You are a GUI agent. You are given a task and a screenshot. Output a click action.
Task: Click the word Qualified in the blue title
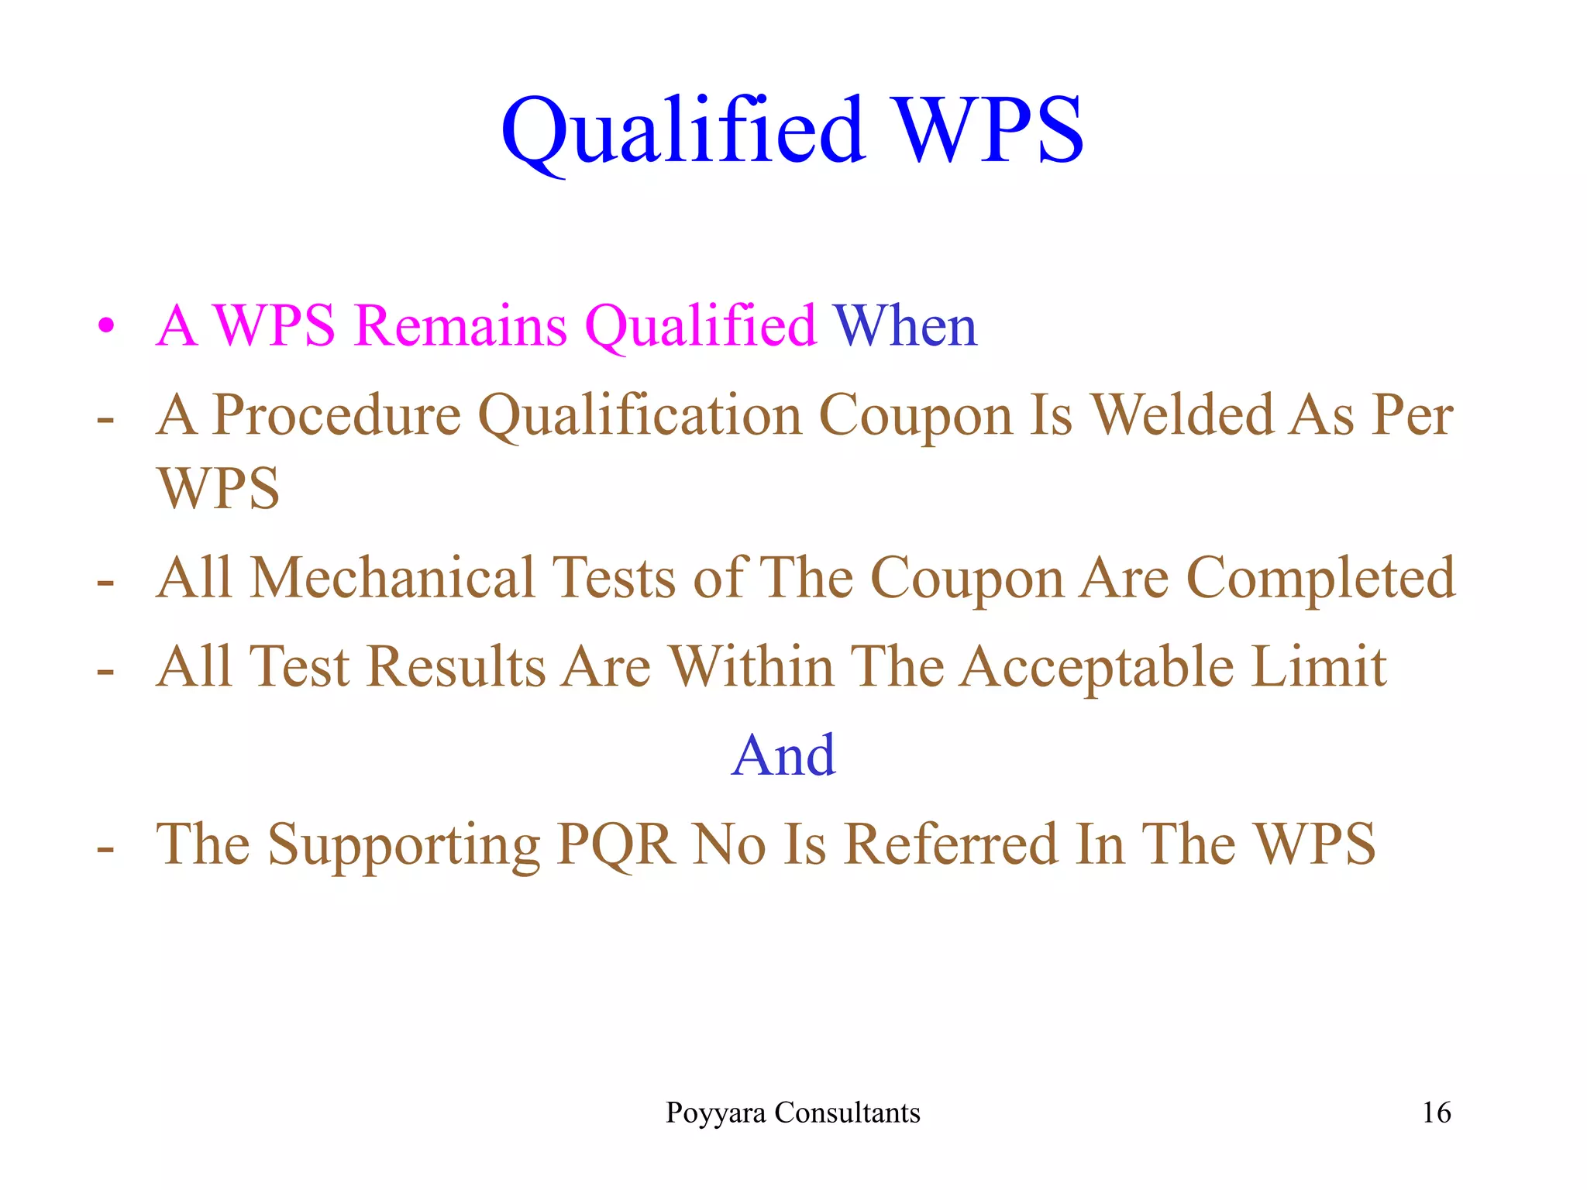pyautogui.click(x=682, y=130)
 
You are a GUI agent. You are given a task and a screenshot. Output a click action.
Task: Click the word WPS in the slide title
pyautogui.click(x=989, y=130)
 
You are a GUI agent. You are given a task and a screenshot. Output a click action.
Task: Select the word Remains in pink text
pyautogui.click(x=462, y=325)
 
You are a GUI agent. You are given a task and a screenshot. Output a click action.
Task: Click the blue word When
pyautogui.click(x=905, y=325)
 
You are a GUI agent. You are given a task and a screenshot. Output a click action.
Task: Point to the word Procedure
pyautogui.click(x=337, y=415)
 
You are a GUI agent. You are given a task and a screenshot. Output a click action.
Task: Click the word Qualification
pyautogui.click(x=640, y=415)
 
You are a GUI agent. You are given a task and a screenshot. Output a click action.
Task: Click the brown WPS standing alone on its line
pyautogui.click(x=219, y=489)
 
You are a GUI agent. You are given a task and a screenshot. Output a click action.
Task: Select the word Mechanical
pyautogui.click(x=393, y=578)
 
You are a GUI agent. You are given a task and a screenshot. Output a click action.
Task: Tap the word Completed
pyautogui.click(x=1320, y=578)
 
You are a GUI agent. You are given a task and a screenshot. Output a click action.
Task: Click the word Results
pyautogui.click(x=456, y=666)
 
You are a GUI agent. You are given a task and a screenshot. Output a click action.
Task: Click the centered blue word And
pyautogui.click(x=783, y=755)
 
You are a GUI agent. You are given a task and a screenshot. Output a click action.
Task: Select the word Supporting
pyautogui.click(x=404, y=844)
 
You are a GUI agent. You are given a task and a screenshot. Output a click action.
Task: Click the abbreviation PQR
pyautogui.click(x=616, y=844)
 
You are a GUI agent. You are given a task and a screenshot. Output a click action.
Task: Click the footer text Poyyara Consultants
pyautogui.click(x=793, y=1113)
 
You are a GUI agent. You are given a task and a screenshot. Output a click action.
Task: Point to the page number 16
pyautogui.click(x=1436, y=1113)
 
